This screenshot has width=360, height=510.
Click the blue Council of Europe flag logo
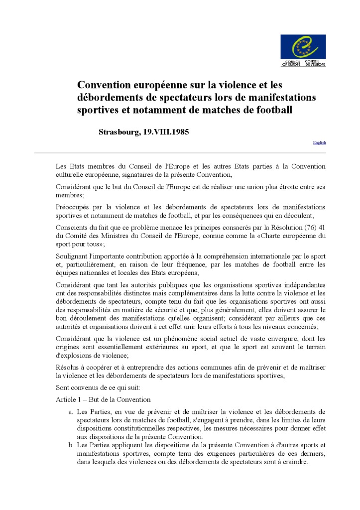303,47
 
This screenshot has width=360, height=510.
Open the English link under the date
319,142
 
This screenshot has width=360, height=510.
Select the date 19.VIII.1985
166,132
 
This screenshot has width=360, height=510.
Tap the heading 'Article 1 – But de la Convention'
103,399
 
